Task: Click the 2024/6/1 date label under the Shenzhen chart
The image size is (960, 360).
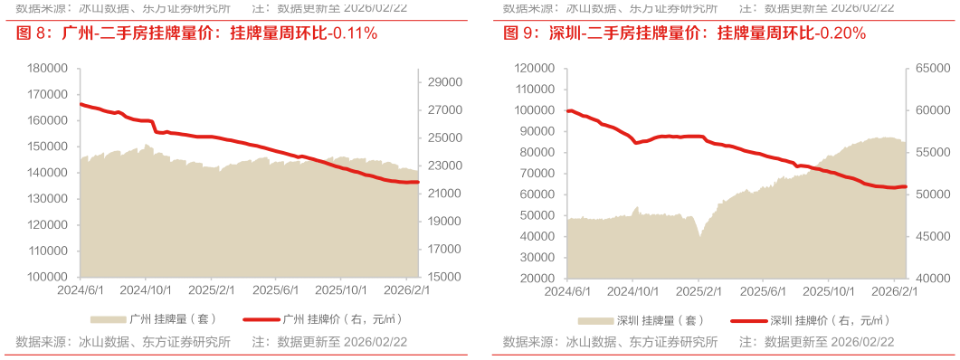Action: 567,290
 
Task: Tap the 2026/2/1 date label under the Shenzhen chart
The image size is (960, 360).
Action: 894,290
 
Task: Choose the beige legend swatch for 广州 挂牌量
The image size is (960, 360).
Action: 108,319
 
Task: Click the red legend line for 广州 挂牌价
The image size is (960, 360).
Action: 259,319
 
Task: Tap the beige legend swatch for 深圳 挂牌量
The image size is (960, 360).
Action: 594,319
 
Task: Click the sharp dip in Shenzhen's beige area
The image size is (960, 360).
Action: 699,232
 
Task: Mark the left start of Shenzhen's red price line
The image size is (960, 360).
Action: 567,109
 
